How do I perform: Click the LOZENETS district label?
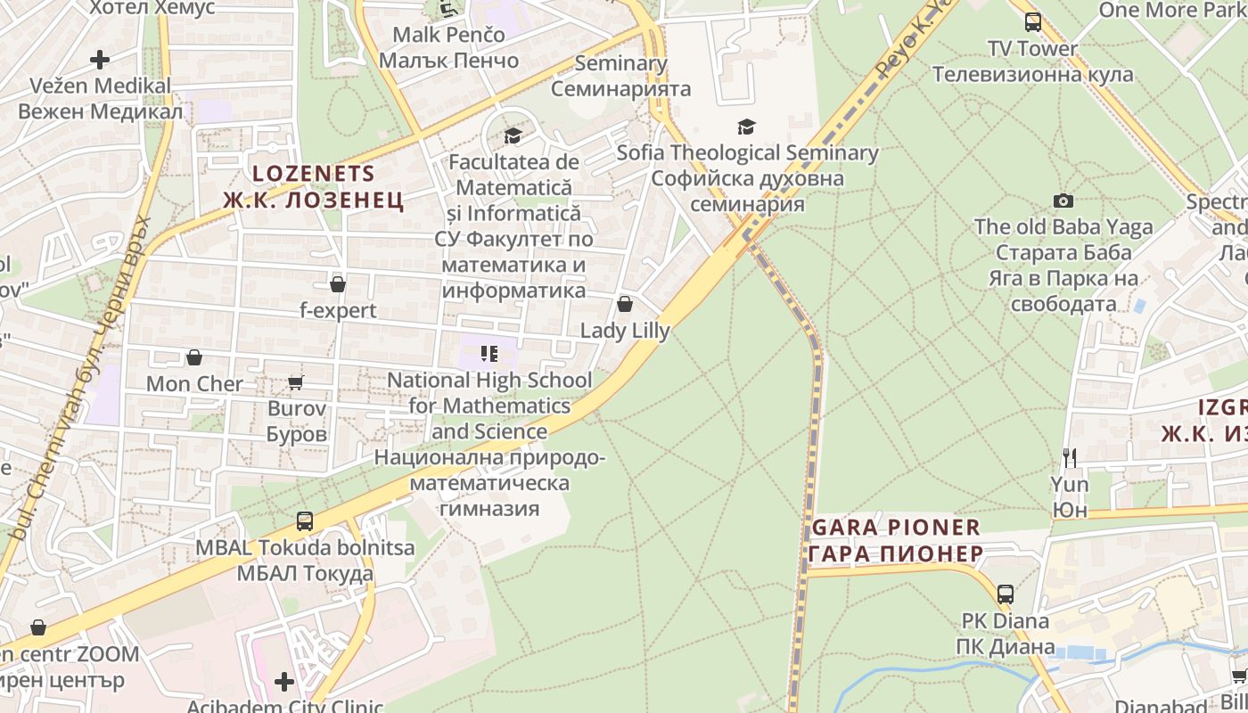coord(313,174)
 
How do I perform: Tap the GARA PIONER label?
coord(896,527)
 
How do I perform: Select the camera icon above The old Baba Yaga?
coord(1063,201)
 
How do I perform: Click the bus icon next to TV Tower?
coord(1032,22)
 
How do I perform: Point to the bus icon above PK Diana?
coord(1005,594)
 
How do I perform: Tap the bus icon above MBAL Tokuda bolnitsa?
coord(305,521)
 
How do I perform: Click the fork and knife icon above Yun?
coord(1070,458)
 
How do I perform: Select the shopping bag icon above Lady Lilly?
coord(625,305)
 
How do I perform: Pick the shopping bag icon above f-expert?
coord(337,284)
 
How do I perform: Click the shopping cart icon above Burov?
coord(296,382)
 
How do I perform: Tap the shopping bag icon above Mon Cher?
coord(194,357)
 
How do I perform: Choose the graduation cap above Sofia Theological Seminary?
coord(746,127)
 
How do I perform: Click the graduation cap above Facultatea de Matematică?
coord(513,136)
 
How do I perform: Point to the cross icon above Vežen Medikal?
coord(100,60)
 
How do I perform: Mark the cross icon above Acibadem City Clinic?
coord(284,682)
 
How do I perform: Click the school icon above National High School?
coord(489,354)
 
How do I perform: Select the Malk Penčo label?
coord(448,35)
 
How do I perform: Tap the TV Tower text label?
coord(1032,48)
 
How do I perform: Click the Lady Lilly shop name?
coord(625,331)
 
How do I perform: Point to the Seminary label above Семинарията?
coord(620,63)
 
